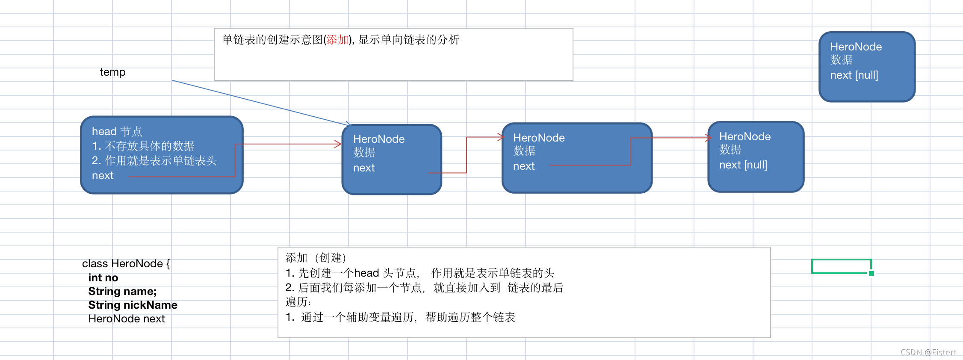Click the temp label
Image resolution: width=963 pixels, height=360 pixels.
pyautogui.click(x=112, y=72)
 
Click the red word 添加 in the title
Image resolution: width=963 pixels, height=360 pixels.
pyautogui.click(x=337, y=40)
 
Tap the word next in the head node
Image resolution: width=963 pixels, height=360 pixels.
pyautogui.click(x=103, y=176)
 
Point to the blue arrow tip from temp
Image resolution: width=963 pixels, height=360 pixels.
pyautogui.click(x=349, y=124)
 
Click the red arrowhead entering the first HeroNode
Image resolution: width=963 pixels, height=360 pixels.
pyautogui.click(x=339, y=144)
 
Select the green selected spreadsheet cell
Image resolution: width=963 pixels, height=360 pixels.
pyautogui.click(x=841, y=266)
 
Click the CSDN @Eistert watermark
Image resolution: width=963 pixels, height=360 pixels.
pyautogui.click(x=928, y=352)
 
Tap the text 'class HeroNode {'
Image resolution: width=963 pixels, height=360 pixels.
pyautogui.click(x=126, y=264)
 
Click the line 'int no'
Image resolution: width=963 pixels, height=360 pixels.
pyautogui.click(x=103, y=278)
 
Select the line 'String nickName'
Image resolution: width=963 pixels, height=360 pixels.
pyautogui.click(x=133, y=305)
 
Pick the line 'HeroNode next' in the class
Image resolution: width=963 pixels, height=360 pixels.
pyautogui.click(x=126, y=319)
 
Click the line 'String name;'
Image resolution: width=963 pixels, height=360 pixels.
pyautogui.click(x=122, y=292)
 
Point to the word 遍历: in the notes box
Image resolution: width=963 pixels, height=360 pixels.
pyautogui.click(x=298, y=302)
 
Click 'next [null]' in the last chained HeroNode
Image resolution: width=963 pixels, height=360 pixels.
pyautogui.click(x=743, y=165)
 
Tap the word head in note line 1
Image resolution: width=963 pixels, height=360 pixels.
pyautogui.click(x=366, y=273)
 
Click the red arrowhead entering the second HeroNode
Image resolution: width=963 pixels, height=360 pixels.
pyautogui.click(x=502, y=137)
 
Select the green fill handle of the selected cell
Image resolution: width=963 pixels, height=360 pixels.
pyautogui.click(x=871, y=274)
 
